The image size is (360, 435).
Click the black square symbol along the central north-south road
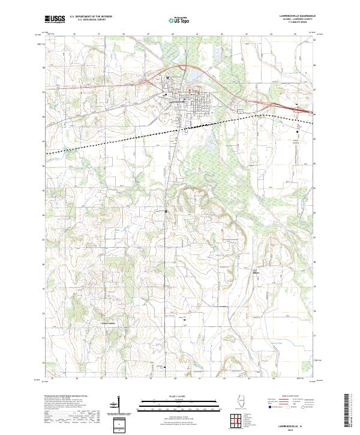(166, 211)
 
